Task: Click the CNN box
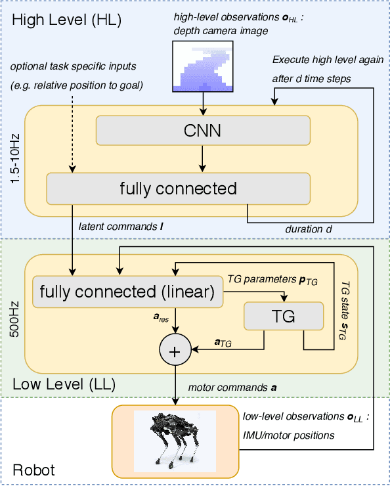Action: tap(203, 131)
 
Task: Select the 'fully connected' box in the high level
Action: tap(178, 189)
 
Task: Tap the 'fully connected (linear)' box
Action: tap(127, 292)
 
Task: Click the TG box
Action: tap(283, 317)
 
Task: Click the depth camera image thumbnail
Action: tap(203, 66)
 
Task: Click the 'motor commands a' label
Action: tap(232, 387)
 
